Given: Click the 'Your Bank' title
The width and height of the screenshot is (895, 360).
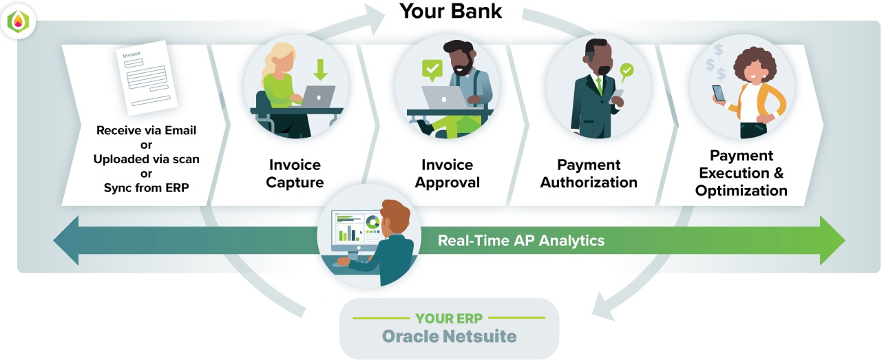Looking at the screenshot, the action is pyautogui.click(x=450, y=11).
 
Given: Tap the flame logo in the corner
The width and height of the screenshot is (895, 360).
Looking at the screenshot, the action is pyautogui.click(x=19, y=21).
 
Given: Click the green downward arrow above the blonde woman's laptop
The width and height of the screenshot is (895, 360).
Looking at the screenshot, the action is pyautogui.click(x=320, y=70).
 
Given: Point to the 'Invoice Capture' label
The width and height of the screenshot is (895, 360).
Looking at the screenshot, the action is pyautogui.click(x=295, y=173).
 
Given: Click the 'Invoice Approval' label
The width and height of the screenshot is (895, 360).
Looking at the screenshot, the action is pyautogui.click(x=447, y=173).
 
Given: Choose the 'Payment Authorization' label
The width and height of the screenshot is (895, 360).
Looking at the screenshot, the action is pyautogui.click(x=589, y=173).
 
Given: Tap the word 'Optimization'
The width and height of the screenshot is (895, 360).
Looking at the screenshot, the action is pyautogui.click(x=741, y=191).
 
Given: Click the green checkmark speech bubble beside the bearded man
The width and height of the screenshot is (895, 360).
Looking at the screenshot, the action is pyautogui.click(x=432, y=70).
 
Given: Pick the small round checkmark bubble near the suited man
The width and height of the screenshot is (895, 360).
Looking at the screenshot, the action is pyautogui.click(x=626, y=72).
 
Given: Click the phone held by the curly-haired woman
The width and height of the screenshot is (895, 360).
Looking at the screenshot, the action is pyautogui.click(x=718, y=94).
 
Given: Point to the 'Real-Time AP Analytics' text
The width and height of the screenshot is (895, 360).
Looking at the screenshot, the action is pyautogui.click(x=521, y=240).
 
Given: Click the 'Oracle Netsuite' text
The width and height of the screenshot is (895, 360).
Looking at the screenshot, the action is pyautogui.click(x=449, y=337).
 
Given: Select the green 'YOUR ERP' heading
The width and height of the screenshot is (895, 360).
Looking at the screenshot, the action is pyautogui.click(x=449, y=319).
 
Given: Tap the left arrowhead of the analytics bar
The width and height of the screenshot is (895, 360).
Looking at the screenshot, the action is pyautogui.click(x=66, y=240).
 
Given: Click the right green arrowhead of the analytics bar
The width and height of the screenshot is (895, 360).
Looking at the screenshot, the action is pyautogui.click(x=832, y=240).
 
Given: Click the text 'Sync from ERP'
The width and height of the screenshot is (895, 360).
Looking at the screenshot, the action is pyautogui.click(x=146, y=188).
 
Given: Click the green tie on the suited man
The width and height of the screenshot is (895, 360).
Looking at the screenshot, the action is pyautogui.click(x=599, y=85).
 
